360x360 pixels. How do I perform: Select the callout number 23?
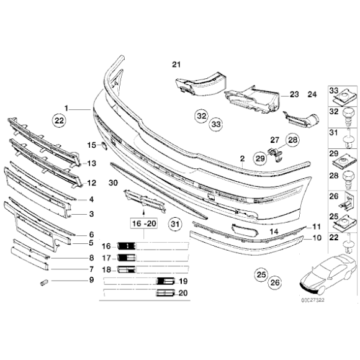coord(294,94)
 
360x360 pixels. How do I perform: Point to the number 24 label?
coord(312,94)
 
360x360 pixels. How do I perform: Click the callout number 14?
coord(272,232)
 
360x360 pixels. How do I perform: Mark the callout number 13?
coord(91,164)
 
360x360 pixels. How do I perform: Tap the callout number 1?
coord(67,107)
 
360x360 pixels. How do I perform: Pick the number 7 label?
coord(91,269)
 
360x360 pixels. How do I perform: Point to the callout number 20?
coord(182,294)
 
